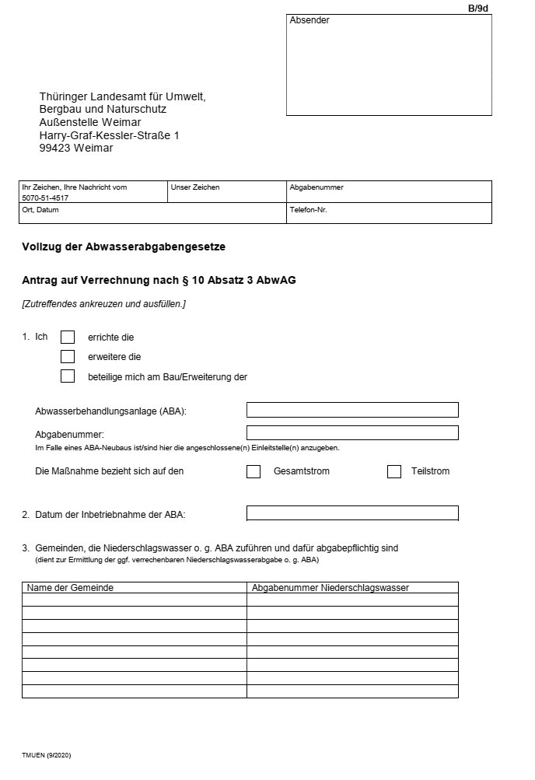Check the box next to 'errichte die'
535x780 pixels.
[x=68, y=337]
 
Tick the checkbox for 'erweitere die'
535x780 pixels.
[x=68, y=357]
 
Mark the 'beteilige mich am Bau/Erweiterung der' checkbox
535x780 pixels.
[x=68, y=376]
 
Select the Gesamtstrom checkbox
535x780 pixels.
[x=254, y=471]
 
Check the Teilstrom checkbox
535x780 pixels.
[x=394, y=471]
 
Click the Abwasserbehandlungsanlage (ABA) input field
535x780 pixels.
[x=352, y=410]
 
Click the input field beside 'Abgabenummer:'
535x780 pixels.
[x=352, y=433]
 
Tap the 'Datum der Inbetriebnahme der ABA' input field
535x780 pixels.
[x=352, y=513]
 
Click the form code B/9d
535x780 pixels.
[x=477, y=8]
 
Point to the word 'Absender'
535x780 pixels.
[x=309, y=20]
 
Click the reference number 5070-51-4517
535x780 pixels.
[x=51, y=198]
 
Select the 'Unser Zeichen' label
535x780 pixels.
[x=195, y=187]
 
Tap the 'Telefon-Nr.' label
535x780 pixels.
[x=308, y=209]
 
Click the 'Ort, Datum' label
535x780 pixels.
[x=40, y=209]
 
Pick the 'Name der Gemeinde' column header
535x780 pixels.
[x=70, y=588]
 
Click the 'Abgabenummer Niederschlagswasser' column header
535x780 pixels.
[x=330, y=588]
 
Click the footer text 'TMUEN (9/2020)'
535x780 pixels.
[x=47, y=755]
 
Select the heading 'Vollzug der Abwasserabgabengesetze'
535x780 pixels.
[x=124, y=247]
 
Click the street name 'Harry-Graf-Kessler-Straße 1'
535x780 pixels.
[x=109, y=135]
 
